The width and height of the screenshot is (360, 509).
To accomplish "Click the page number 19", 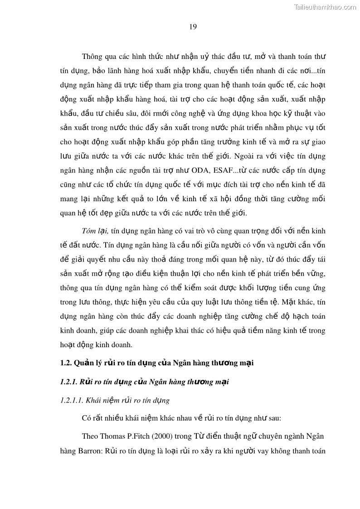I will [193, 27].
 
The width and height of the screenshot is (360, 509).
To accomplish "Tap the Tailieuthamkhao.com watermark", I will [325, 7].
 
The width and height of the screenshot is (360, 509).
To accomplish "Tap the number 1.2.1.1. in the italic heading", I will [72, 401].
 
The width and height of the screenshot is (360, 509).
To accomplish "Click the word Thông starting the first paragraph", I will [92, 56].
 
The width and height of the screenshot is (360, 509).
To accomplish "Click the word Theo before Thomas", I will [90, 436].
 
